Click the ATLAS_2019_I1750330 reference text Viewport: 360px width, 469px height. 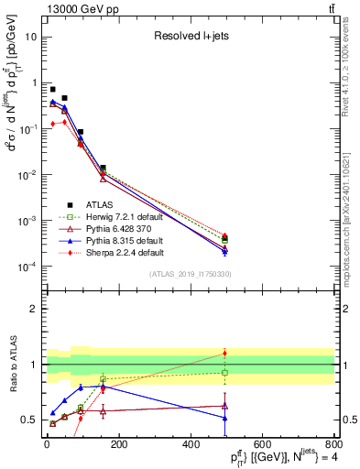pyautogui.click(x=190, y=274)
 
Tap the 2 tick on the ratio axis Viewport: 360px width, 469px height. pyautogui.click(x=36, y=309)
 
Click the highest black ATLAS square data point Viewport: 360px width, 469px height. pyautogui.click(x=52, y=89)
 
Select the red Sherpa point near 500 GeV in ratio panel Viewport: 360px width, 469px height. pyautogui.click(x=224, y=353)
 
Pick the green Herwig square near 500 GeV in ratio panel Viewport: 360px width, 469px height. pyautogui.click(x=224, y=373)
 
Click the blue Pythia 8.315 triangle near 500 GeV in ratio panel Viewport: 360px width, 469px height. pyautogui.click(x=224, y=418)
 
